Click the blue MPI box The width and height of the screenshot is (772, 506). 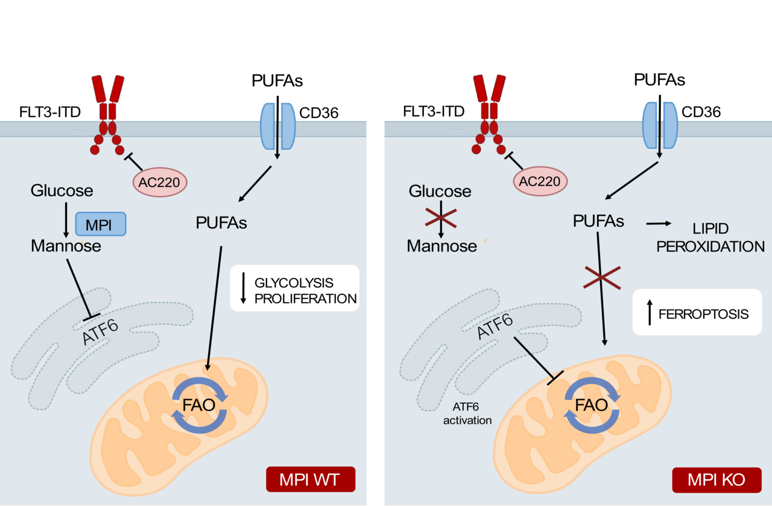click(x=100, y=224)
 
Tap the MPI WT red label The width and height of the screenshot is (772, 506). click(x=310, y=480)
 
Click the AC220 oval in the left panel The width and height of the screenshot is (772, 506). click(x=159, y=182)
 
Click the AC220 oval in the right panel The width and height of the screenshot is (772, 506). click(x=541, y=182)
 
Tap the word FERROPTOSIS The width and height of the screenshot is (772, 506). click(x=703, y=314)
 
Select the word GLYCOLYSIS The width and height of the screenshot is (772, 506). click(x=294, y=283)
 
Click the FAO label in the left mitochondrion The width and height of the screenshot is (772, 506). click(x=200, y=405)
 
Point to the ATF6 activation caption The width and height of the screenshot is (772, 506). click(x=468, y=414)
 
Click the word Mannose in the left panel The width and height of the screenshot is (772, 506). click(x=66, y=246)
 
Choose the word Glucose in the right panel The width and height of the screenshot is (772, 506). click(x=440, y=191)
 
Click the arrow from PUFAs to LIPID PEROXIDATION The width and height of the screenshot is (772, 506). click(x=658, y=224)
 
